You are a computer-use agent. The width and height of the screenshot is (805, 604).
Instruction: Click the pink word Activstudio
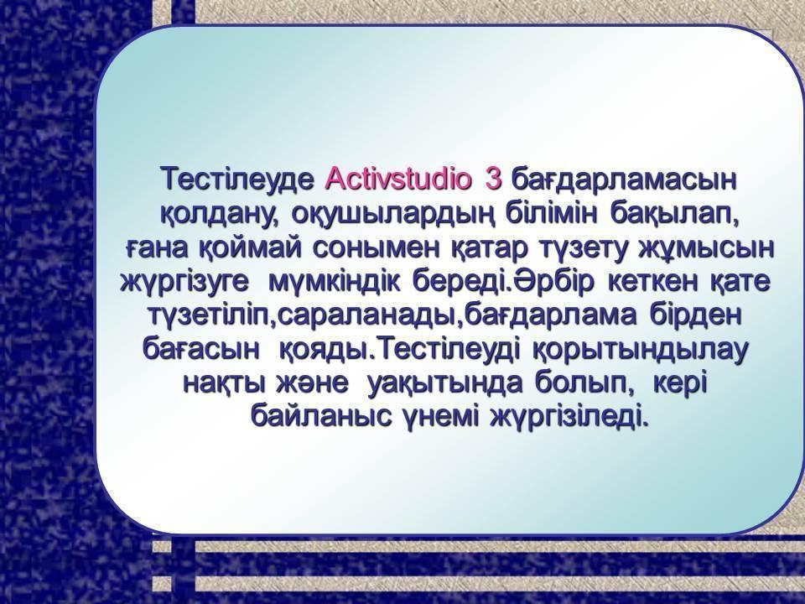397,180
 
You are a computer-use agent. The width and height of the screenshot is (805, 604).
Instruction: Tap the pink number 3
492,180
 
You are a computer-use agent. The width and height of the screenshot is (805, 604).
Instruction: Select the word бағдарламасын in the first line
625,181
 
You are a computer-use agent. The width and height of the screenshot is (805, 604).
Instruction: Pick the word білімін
552,213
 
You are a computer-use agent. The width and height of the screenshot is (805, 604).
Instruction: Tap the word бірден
696,315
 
